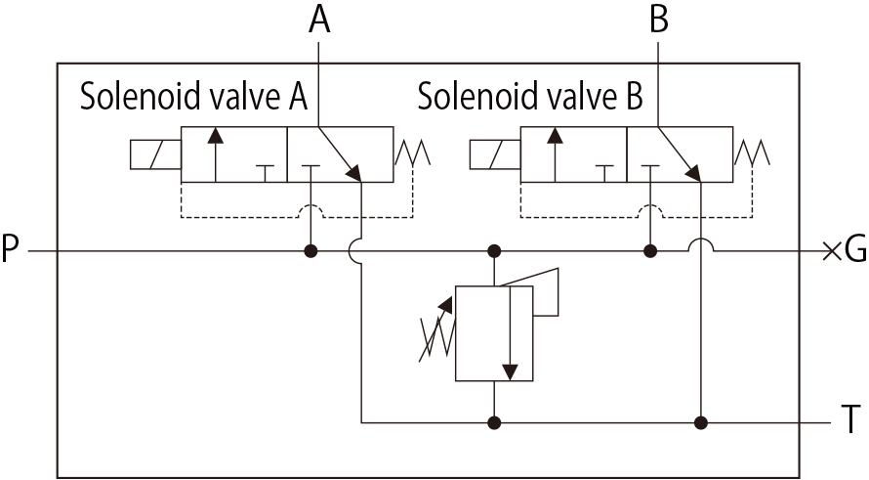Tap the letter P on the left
pos(12,251)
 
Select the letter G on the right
pos(855,251)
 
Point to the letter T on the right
pos(851,422)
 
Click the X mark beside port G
pos(831,251)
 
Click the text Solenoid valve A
pos(193,98)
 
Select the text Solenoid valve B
pos(530,98)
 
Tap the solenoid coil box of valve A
pos(155,154)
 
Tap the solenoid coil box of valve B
pos(495,154)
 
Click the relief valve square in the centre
pos(495,332)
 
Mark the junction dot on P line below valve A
pos(310,251)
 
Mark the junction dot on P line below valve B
pos(650,251)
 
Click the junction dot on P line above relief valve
pos(495,251)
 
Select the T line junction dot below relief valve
pos(495,422)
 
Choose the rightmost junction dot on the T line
pos(700,422)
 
